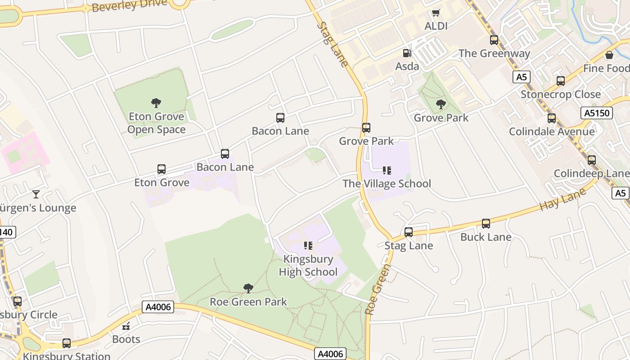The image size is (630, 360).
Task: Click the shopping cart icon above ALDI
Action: tap(436, 13)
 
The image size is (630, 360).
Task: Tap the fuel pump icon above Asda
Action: tap(407, 53)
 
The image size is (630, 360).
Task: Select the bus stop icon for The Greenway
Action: tap(494, 40)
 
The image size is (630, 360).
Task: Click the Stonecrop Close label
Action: tap(560, 94)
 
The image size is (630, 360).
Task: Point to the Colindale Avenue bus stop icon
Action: tap(552, 118)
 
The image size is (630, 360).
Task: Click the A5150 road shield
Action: tap(597, 113)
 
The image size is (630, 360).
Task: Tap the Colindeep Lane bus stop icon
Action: tap(592, 160)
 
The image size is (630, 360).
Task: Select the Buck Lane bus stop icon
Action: tap(486, 224)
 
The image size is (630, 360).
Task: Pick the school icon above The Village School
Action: tap(387, 171)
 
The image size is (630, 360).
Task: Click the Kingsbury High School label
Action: tap(308, 265)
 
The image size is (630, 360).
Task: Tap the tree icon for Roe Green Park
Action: tap(248, 288)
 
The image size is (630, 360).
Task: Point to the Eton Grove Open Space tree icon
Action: tap(156, 103)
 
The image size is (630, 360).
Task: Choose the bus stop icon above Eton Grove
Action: tap(162, 169)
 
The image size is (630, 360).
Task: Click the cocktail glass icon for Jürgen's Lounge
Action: tap(36, 194)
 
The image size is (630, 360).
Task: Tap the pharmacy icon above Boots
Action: tap(126, 326)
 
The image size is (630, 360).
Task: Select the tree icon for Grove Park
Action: tap(441, 104)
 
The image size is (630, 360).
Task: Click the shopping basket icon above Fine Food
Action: tap(609, 55)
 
